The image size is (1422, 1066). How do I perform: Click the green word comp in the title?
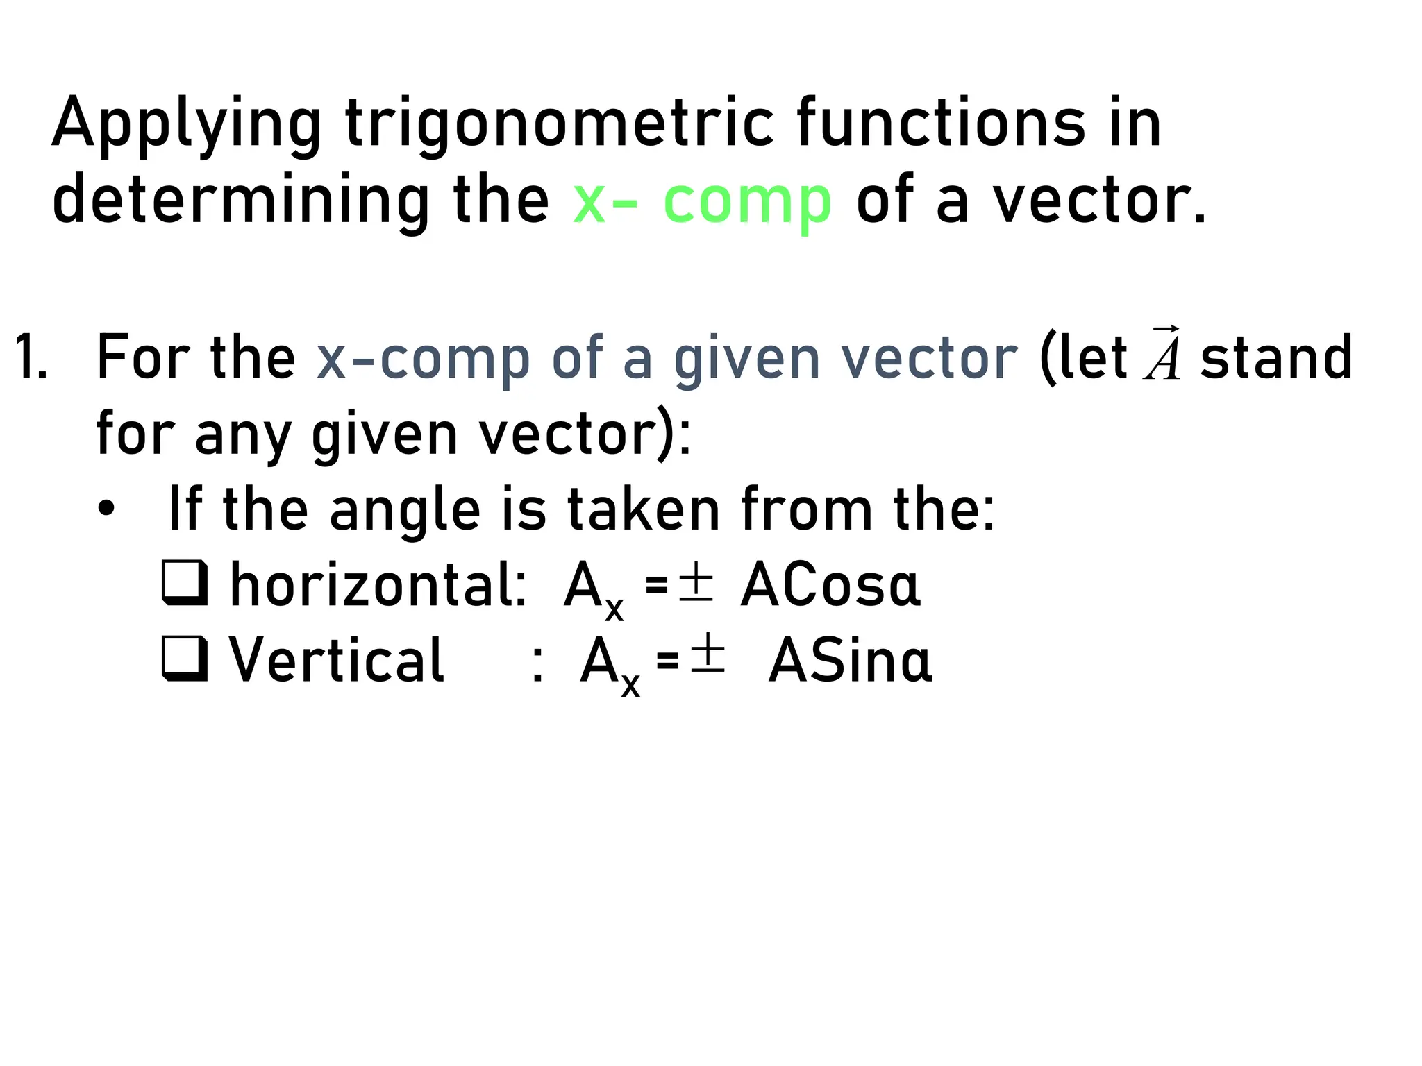click(747, 201)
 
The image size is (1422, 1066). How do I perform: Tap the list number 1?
click(31, 358)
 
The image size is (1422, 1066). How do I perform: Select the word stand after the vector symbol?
click(1276, 357)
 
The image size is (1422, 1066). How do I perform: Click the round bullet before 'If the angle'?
click(106, 509)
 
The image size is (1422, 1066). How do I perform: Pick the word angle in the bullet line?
click(405, 511)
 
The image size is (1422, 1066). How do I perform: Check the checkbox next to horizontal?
click(185, 584)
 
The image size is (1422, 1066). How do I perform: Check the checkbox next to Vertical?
click(185, 658)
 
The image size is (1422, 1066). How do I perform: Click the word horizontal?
click(378, 585)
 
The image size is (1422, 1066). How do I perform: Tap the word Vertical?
click(337, 660)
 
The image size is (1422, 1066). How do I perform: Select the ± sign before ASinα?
click(708, 656)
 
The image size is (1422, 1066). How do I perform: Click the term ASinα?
click(850, 661)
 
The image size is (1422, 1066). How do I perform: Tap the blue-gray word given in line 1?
click(747, 359)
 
